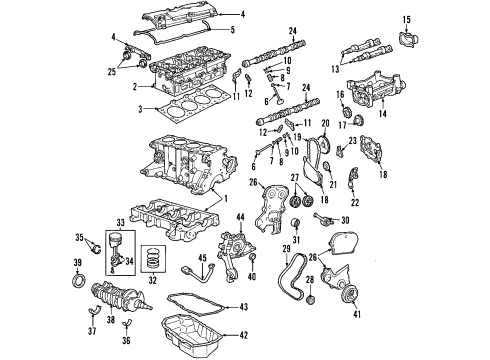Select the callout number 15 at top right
(x=406, y=18)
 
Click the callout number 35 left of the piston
(x=77, y=237)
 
